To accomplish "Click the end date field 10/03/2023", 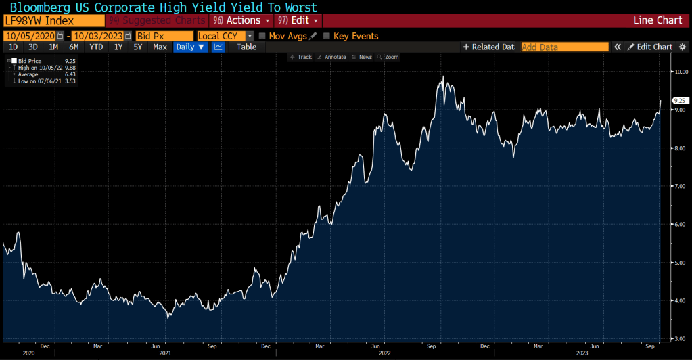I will (x=97, y=36).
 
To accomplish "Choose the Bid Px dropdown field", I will (x=163, y=36).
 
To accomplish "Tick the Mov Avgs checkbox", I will (x=262, y=36).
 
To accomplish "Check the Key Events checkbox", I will (x=327, y=36).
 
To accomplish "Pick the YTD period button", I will (x=96, y=47).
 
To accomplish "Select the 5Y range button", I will (x=138, y=47).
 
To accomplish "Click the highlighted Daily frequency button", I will (x=191, y=47).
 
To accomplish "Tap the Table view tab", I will (x=246, y=47).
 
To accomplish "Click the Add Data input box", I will (x=561, y=47).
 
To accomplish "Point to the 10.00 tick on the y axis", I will (x=678, y=71).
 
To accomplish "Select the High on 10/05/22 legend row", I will (x=41, y=68).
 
